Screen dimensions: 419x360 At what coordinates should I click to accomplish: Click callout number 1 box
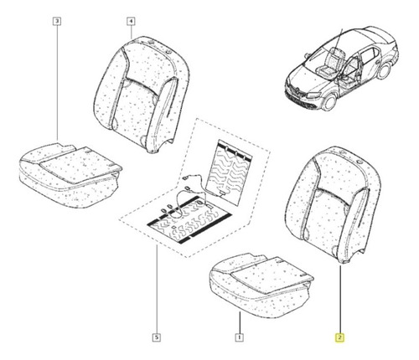pyautogui.click(x=239, y=337)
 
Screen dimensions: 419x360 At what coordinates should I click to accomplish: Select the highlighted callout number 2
pyautogui.click(x=340, y=337)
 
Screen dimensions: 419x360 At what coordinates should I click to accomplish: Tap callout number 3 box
pyautogui.click(x=57, y=21)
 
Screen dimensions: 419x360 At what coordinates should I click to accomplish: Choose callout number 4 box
pyautogui.click(x=131, y=21)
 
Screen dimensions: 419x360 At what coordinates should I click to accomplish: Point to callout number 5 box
pyautogui.click(x=157, y=337)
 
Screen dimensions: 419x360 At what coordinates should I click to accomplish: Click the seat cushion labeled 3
pyautogui.click(x=70, y=175)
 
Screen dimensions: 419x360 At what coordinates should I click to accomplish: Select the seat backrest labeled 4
pyautogui.click(x=141, y=95)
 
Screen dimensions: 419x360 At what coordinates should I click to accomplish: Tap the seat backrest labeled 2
pyautogui.click(x=333, y=205)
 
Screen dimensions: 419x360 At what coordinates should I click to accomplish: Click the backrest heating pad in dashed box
pyautogui.click(x=228, y=173)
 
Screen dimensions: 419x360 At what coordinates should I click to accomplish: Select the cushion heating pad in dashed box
pyautogui.click(x=189, y=220)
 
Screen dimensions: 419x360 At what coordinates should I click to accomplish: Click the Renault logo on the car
pyautogui.click(x=297, y=90)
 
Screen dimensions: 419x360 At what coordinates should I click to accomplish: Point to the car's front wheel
pyautogui.click(x=329, y=101)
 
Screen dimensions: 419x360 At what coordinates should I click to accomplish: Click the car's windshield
pyautogui.click(x=319, y=58)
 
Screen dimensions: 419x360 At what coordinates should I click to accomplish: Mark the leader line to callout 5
pyautogui.click(x=157, y=290)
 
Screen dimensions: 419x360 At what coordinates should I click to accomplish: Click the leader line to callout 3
pyautogui.click(x=57, y=82)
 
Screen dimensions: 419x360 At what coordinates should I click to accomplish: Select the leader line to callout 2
pyautogui.click(x=340, y=300)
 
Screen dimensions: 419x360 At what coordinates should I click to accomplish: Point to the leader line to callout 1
pyautogui.click(x=240, y=323)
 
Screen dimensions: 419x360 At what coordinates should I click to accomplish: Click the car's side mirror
pyautogui.click(x=308, y=55)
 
